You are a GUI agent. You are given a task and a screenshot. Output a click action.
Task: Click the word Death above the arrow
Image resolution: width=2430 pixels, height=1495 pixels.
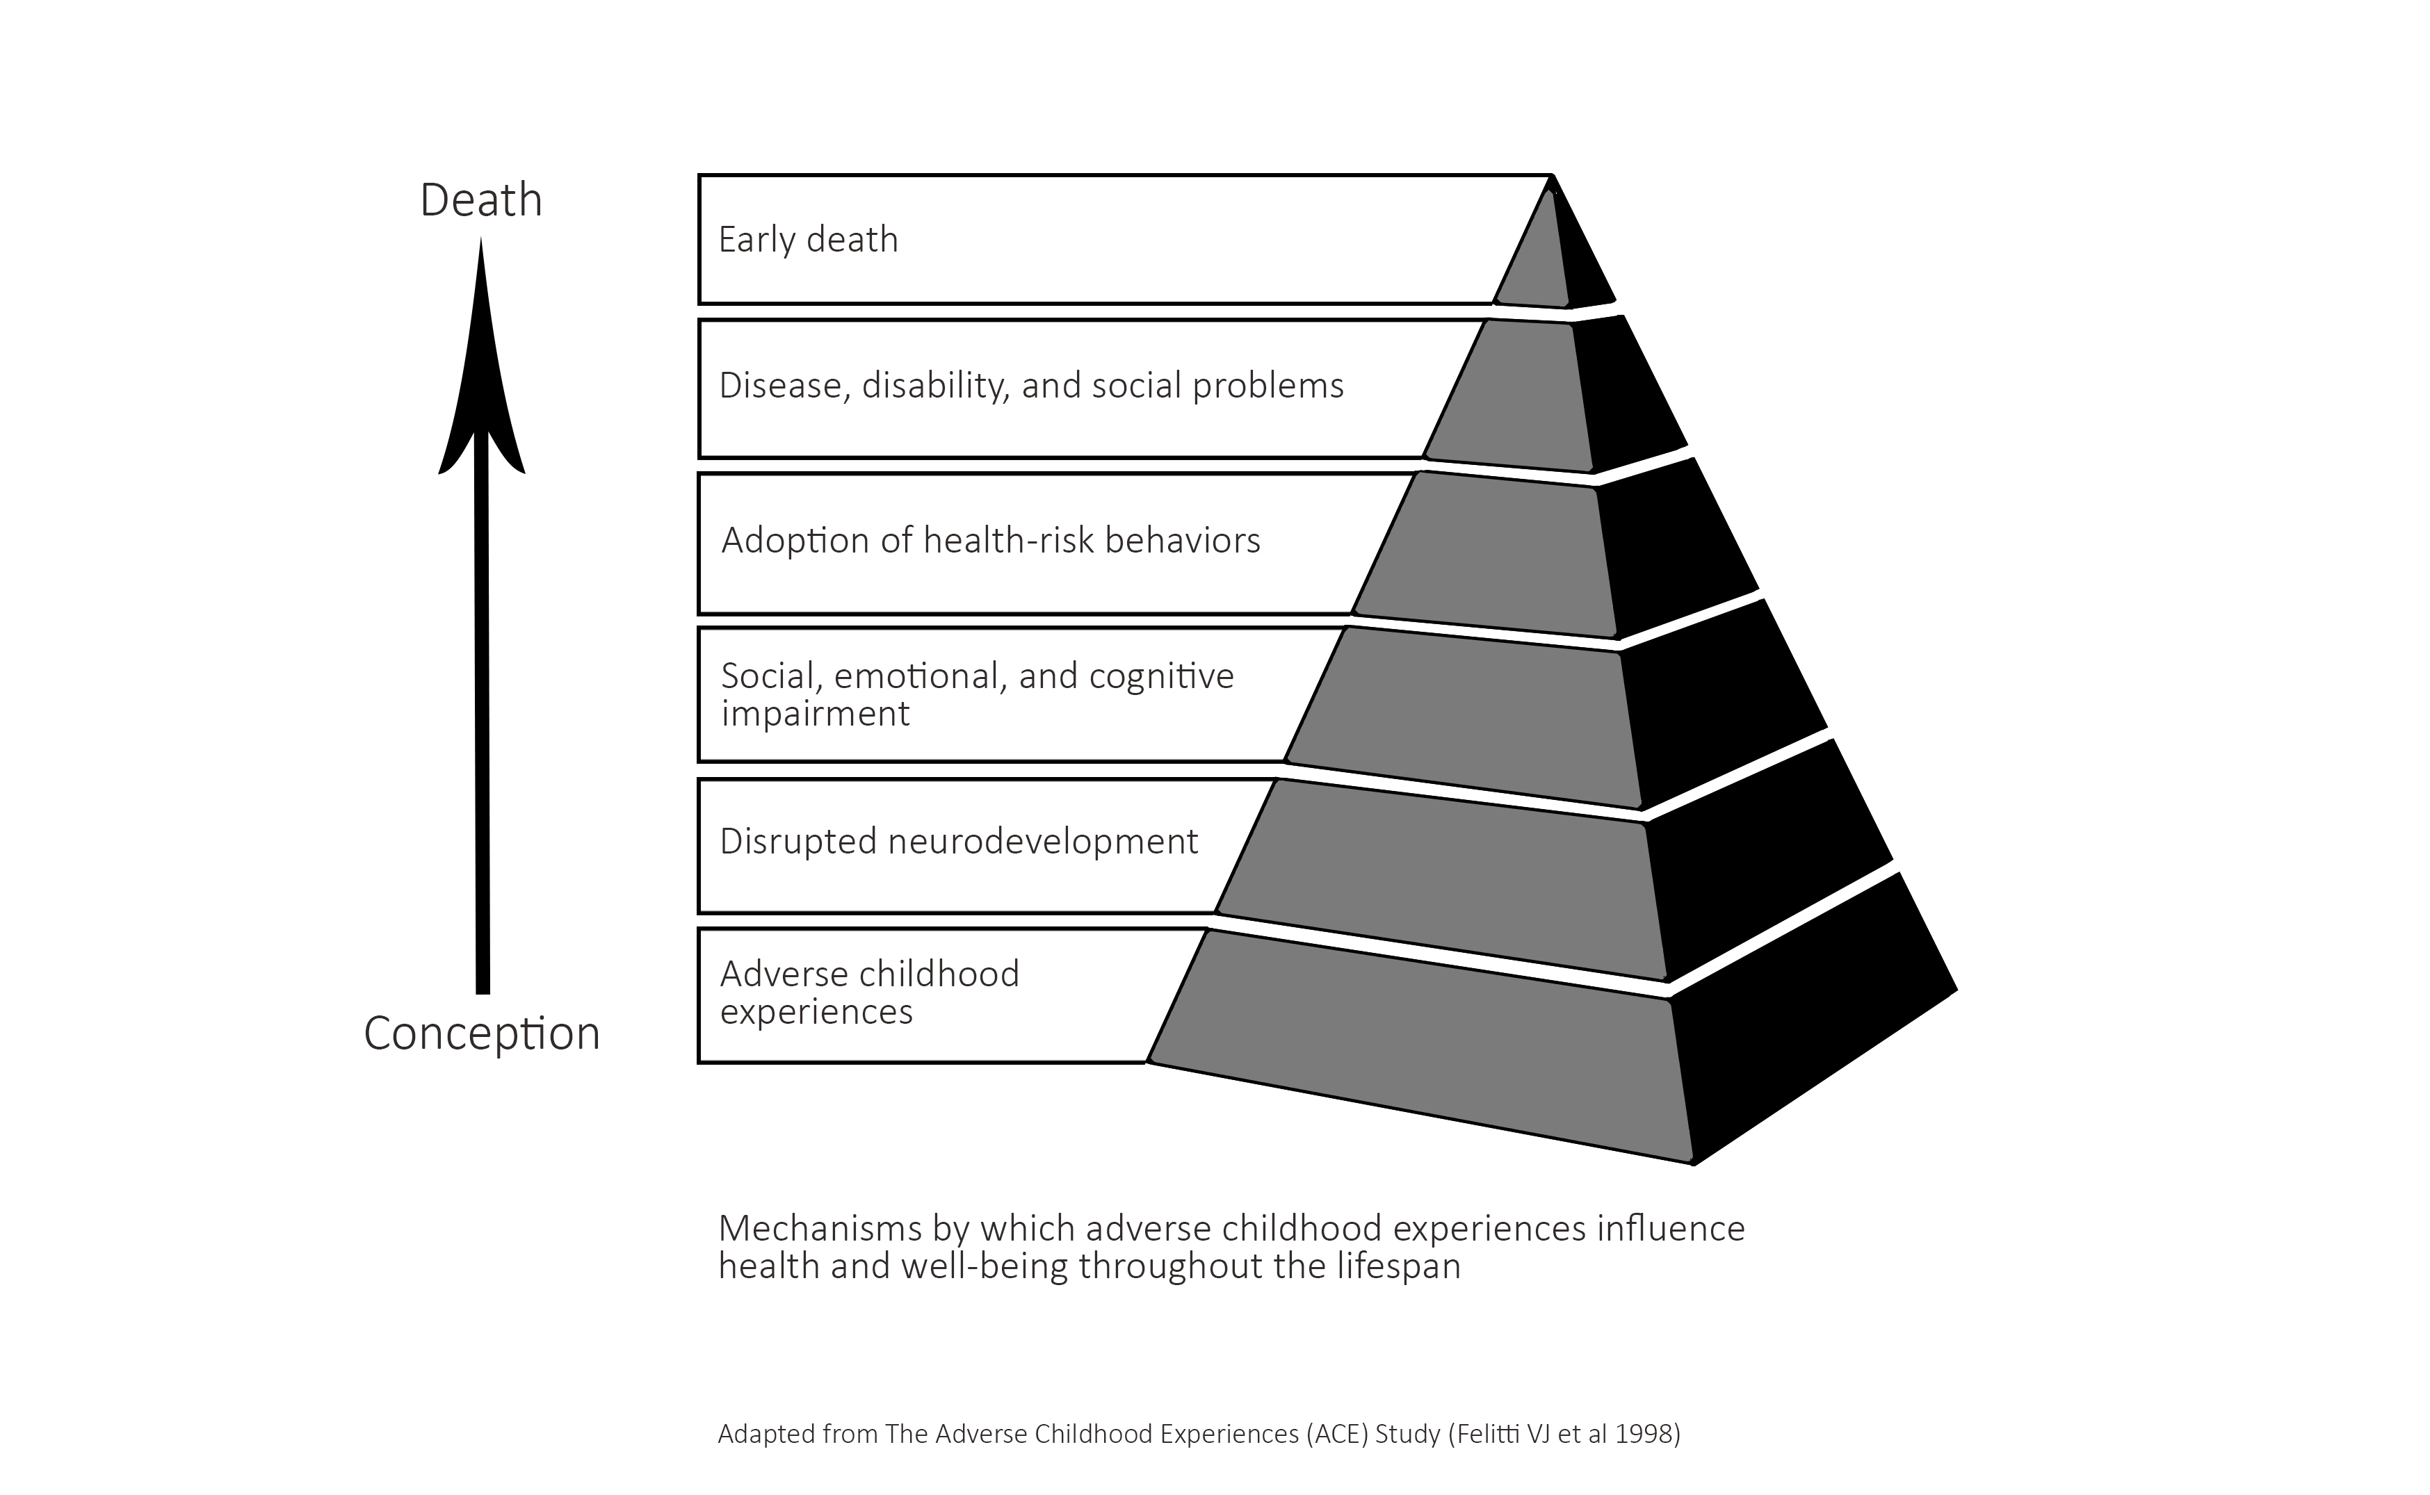pos(480,201)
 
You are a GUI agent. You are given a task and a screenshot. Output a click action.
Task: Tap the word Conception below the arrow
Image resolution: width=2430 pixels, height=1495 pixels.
pos(482,1034)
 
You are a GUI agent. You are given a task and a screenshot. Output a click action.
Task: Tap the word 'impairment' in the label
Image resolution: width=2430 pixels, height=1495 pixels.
pos(815,714)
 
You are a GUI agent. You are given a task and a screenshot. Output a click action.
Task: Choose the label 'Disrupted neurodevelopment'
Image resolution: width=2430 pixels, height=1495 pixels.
pos(958,842)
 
